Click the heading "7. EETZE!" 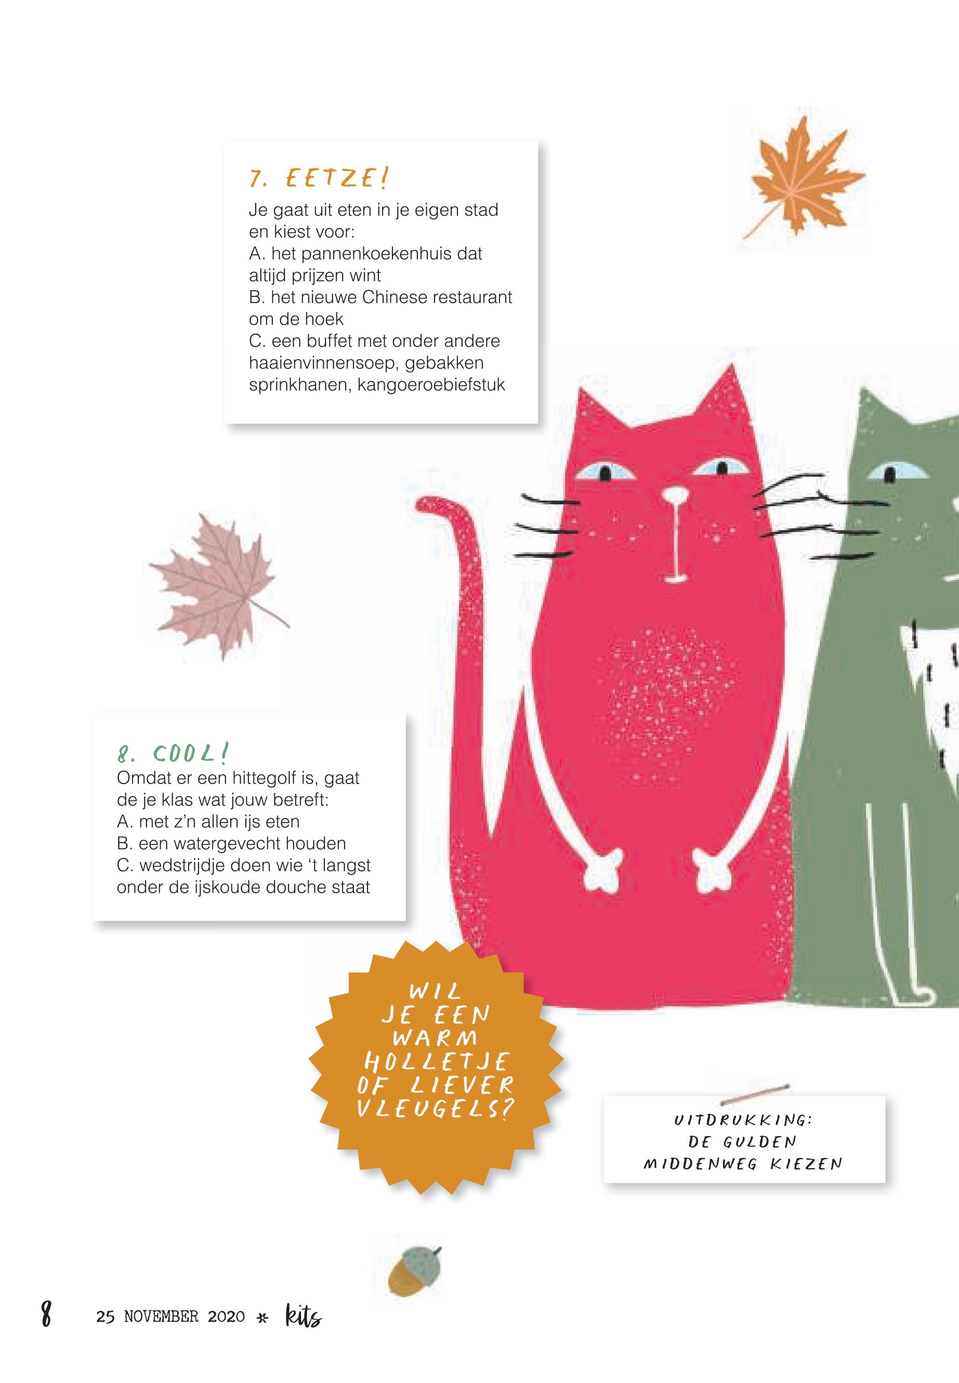319,178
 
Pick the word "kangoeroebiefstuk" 431,385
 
